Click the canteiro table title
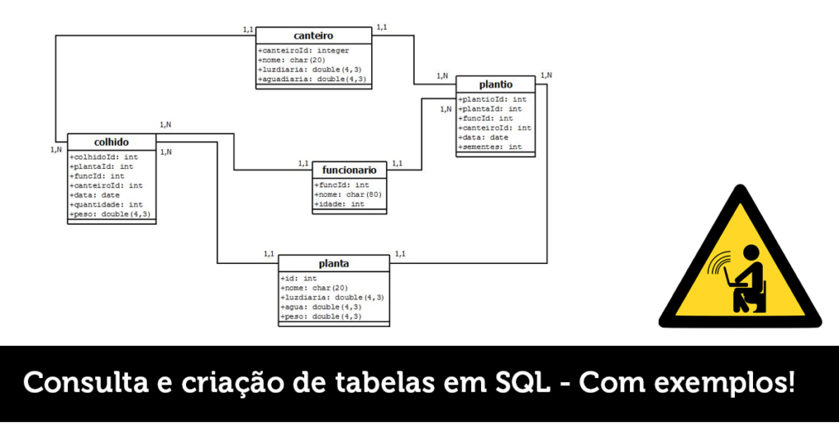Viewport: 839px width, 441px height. [314, 36]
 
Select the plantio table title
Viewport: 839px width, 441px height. [496, 84]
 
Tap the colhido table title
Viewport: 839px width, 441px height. [111, 143]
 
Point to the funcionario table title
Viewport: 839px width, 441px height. [349, 170]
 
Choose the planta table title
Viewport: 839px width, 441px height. [334, 264]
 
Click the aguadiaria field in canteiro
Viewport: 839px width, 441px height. [312, 80]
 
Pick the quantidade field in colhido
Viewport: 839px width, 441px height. [107, 204]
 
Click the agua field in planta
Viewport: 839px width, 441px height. [321, 307]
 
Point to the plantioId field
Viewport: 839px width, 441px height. [492, 99]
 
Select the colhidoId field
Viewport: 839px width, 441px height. [104, 157]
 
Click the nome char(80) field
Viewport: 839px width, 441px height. [348, 194]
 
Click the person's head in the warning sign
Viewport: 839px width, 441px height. [751, 253]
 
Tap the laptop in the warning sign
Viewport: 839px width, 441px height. [729, 277]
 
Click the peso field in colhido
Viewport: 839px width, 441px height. [111, 214]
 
